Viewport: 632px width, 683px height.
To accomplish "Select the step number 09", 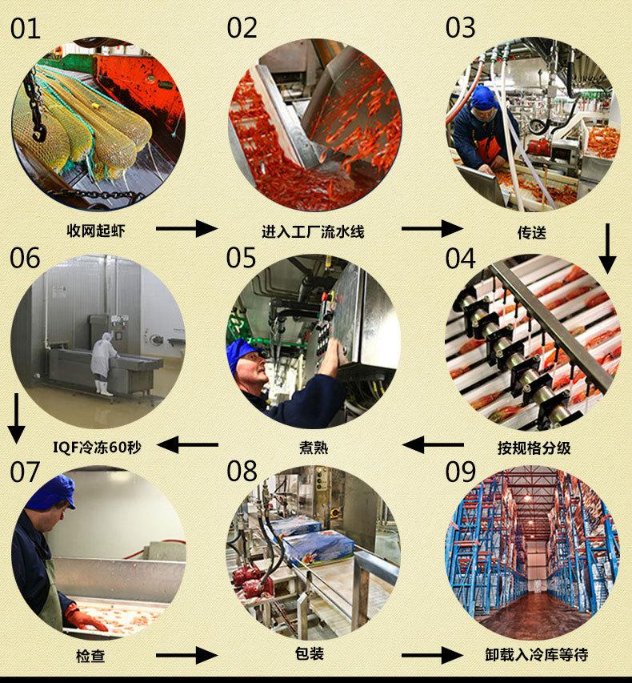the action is [x=461, y=472].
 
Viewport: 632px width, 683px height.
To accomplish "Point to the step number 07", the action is [x=25, y=472].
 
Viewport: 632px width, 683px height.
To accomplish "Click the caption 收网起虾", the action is [x=96, y=231].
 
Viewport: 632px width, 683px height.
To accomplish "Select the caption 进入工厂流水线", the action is [x=313, y=231].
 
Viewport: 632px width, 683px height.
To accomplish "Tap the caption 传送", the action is [x=531, y=232].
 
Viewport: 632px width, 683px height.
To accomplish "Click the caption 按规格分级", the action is [x=534, y=447].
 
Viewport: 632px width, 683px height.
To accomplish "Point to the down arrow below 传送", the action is [x=608, y=248].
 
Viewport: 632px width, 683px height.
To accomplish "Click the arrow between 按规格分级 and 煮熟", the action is [x=432, y=444].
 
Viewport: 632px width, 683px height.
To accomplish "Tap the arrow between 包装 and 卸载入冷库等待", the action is [x=432, y=657].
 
